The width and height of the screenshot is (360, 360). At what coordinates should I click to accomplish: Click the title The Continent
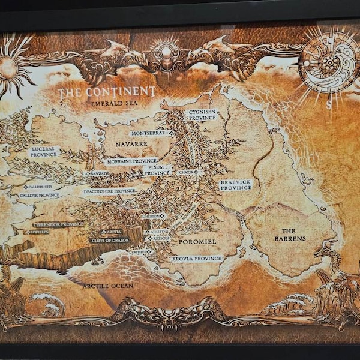(x=106, y=92)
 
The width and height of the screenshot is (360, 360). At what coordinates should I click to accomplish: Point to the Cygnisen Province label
(x=185, y=115)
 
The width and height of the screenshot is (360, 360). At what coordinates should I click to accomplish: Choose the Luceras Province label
(x=43, y=151)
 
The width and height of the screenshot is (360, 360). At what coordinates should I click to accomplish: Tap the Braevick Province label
(x=235, y=184)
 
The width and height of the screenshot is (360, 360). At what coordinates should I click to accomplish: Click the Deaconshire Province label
(x=110, y=191)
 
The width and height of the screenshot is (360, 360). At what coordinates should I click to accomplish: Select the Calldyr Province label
(x=39, y=195)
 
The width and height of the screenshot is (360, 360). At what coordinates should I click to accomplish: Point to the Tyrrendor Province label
(x=58, y=224)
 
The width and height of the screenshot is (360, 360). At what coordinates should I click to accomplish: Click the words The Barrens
(x=293, y=235)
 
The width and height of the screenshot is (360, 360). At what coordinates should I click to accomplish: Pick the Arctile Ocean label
(x=108, y=286)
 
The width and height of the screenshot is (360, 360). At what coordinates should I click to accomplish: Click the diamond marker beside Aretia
(x=104, y=231)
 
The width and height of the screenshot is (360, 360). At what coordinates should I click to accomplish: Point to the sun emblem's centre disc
(x=8, y=67)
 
